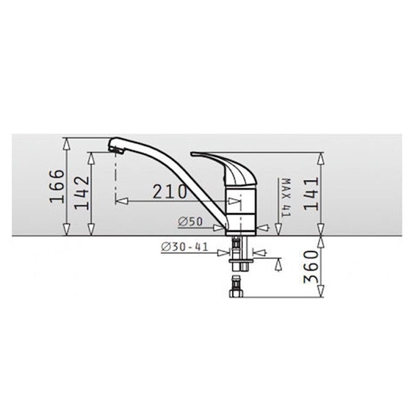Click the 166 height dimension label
[x=57, y=186]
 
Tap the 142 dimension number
[x=81, y=193]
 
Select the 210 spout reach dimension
[x=170, y=191]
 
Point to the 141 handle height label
[x=312, y=194]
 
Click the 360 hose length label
[x=312, y=267]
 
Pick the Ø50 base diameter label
[x=190, y=221]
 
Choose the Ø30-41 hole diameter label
[x=184, y=247]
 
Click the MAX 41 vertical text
[x=286, y=198]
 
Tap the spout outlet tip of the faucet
[x=116, y=151]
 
